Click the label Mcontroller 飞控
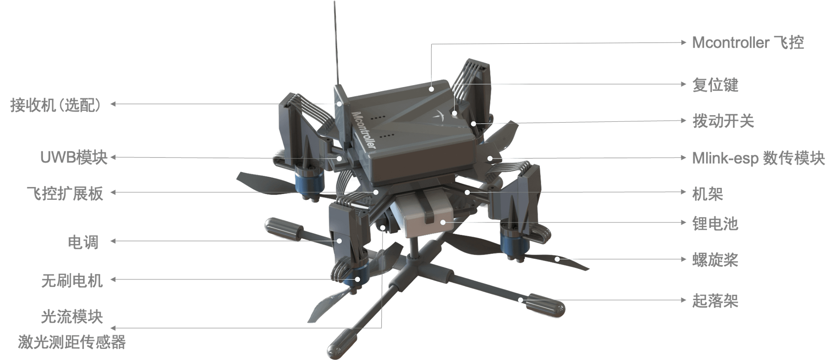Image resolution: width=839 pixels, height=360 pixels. click(748, 42)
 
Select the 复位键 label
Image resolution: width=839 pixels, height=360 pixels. click(715, 85)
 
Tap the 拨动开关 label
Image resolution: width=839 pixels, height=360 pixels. click(723, 121)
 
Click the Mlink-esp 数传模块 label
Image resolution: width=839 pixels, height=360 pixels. click(758, 158)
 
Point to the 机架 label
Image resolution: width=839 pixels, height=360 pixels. click(708, 194)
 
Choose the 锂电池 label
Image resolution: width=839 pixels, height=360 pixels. click(715, 224)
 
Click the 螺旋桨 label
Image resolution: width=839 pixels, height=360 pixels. click(715, 260)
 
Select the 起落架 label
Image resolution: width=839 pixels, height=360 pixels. click(715, 301)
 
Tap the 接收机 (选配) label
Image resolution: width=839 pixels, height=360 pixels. click(55, 105)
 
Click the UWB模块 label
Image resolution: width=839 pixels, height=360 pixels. click(74, 158)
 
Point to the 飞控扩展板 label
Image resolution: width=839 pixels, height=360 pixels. click(65, 193)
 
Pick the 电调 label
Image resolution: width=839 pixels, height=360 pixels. click(83, 242)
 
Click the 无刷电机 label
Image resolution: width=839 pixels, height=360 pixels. click(72, 280)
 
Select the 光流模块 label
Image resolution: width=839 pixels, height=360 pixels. click(72, 317)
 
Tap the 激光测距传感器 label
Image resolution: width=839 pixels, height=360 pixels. click(72, 342)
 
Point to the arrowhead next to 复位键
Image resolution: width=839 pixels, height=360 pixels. click(683, 84)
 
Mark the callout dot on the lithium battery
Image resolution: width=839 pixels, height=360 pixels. click(443, 222)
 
